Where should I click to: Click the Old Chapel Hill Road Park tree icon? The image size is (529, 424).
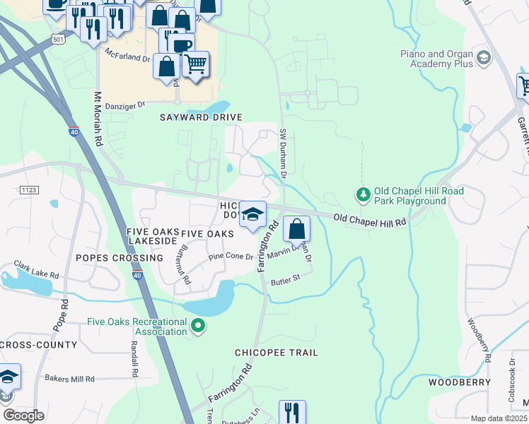pos(363,194)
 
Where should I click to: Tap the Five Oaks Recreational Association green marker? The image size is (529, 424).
pos(199,326)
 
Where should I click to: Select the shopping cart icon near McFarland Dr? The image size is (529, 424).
pos(196,64)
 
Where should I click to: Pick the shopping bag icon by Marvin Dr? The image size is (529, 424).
pos(297,229)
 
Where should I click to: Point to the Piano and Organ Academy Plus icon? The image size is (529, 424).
pos(484,57)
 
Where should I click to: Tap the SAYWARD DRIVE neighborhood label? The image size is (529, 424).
pos(201,117)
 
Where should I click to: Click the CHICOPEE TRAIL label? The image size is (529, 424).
pos(277,352)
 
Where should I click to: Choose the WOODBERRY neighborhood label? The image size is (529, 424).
pos(460,382)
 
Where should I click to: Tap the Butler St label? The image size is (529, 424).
pos(286,280)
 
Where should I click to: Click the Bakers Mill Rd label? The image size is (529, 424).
pos(69,379)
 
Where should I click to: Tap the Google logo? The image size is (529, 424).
pos(23,415)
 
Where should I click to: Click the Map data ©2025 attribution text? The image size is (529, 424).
pos(499,418)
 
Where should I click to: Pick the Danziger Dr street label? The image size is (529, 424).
pos(124,105)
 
